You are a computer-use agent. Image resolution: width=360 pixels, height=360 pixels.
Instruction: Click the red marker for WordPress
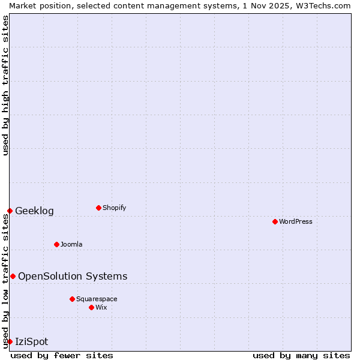(275, 221)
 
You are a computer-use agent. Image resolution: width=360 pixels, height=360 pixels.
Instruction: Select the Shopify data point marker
(98, 208)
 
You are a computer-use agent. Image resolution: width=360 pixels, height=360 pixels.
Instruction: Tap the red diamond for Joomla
(56, 244)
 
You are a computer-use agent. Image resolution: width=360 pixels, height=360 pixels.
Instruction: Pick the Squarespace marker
(72, 299)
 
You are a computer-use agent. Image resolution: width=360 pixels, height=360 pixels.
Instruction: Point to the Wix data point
(91, 307)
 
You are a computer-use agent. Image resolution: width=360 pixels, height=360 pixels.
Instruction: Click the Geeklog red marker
(10, 211)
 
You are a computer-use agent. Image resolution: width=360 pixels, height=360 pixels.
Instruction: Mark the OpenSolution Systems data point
(13, 276)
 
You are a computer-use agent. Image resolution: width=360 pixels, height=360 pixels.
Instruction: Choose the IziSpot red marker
(10, 341)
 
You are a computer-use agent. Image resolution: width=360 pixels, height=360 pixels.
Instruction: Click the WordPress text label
(296, 221)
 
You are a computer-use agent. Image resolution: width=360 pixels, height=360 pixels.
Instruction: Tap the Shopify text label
(114, 208)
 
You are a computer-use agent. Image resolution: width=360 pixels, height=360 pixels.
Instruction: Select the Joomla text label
(71, 244)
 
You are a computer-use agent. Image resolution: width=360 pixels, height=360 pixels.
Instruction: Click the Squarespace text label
(97, 299)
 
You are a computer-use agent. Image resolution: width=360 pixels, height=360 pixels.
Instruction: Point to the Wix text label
(101, 307)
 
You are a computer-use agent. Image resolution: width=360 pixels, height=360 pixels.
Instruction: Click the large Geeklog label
(34, 211)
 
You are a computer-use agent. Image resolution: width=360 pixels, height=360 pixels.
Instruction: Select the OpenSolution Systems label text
(73, 276)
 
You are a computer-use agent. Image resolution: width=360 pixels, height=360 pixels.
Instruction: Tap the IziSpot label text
(31, 341)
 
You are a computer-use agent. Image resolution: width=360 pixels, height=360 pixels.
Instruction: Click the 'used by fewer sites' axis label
(62, 355)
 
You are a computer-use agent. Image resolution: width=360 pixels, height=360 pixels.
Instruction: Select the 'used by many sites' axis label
(301, 355)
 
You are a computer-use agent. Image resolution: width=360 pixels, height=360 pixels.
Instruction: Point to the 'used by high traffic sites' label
(5, 86)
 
